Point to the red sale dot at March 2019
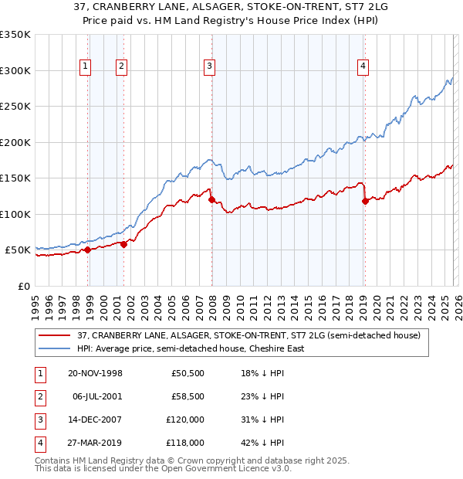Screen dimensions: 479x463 click(365, 202)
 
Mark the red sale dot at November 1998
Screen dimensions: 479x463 click(88, 250)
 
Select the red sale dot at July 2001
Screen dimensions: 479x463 click(123, 244)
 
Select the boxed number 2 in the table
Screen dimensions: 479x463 click(39, 396)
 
